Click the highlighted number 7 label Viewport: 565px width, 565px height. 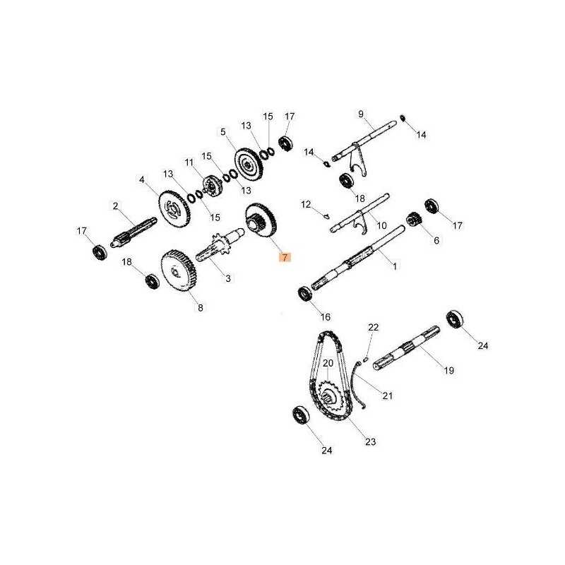(285, 257)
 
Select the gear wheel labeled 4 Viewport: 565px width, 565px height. (174, 208)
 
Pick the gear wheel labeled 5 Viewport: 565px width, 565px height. (248, 165)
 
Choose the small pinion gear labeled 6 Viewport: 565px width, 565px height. (415, 220)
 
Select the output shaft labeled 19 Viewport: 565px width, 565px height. (407, 348)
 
